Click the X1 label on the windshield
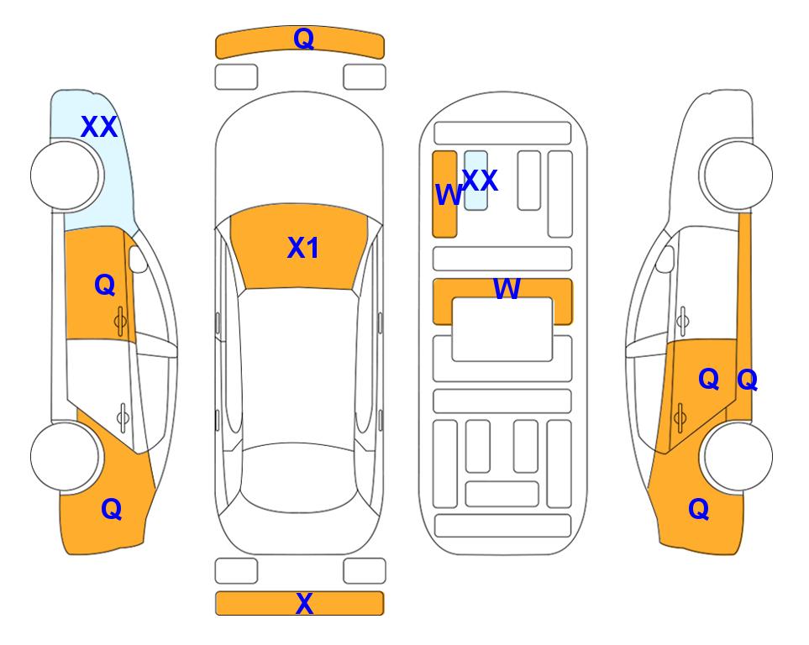[303, 248]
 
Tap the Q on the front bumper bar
[303, 39]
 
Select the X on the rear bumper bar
[304, 603]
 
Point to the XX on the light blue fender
[99, 127]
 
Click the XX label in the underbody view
[480, 180]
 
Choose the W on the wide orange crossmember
[507, 288]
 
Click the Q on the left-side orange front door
[105, 285]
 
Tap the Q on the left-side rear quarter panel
[112, 509]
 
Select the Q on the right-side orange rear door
[708, 380]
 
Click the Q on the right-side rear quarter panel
[699, 509]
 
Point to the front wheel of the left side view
[65, 176]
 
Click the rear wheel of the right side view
[738, 456]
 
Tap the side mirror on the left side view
[138, 259]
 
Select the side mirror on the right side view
[665, 259]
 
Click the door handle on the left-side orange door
[120, 322]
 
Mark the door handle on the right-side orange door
[680, 417]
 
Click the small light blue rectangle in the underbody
[475, 181]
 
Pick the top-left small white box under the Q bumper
[236, 77]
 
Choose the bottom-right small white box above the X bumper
[365, 571]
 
